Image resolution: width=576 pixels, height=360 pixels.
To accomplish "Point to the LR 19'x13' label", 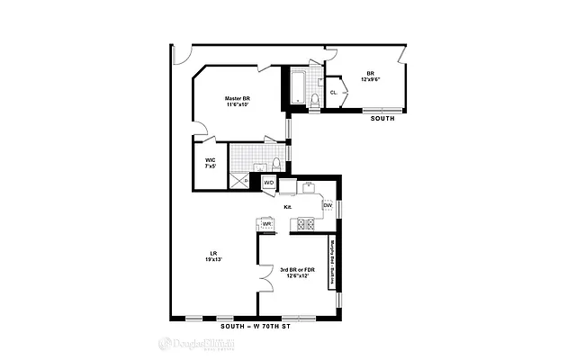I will (214, 256).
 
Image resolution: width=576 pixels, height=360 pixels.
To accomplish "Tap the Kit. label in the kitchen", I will (288, 207).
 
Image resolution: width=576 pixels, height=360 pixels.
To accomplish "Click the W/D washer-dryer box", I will (268, 184).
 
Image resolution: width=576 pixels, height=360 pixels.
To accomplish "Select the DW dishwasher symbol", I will (328, 206).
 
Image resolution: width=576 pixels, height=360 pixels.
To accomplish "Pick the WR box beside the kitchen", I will (266, 223).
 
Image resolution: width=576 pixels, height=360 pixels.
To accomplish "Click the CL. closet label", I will (334, 92).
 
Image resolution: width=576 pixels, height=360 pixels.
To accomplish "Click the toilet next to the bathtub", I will (315, 99).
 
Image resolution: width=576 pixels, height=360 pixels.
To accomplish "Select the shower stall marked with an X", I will (239, 178).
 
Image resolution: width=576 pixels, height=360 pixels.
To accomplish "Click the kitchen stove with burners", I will (306, 224).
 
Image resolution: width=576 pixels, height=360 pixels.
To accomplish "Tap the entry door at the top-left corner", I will (181, 55).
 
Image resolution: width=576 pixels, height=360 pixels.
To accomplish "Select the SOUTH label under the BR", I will (382, 117).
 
